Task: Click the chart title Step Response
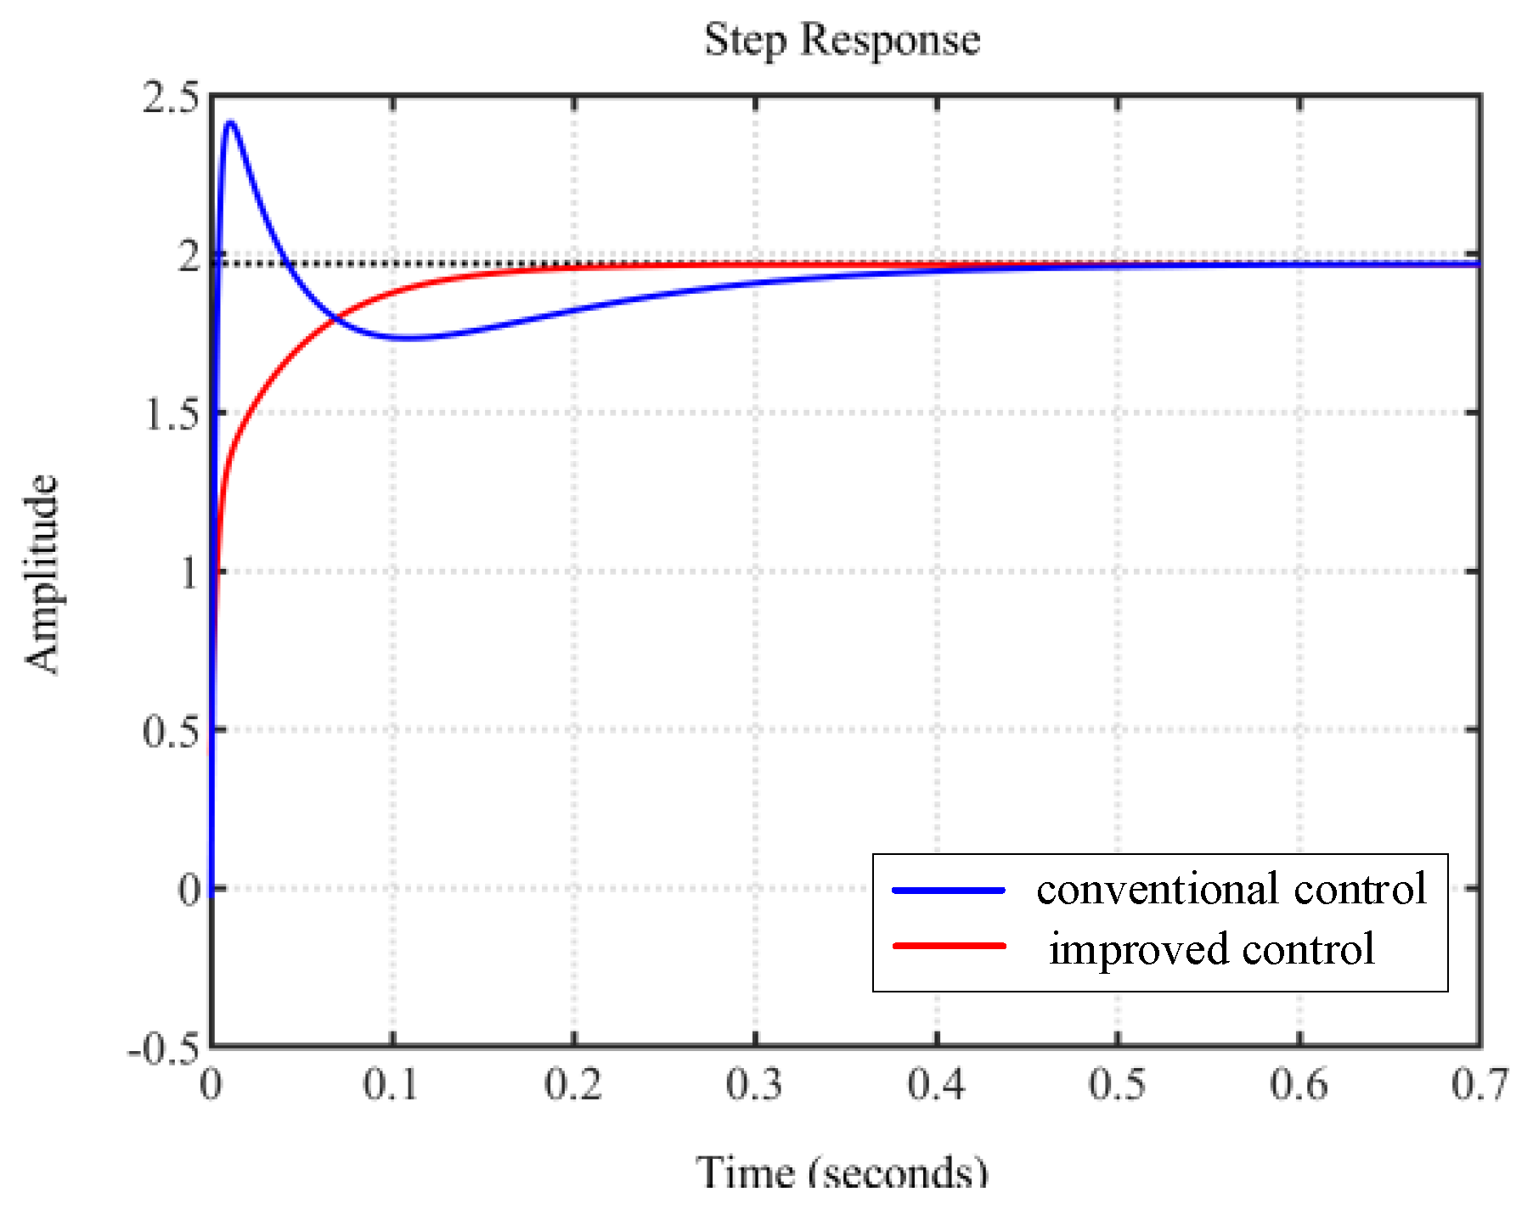[x=842, y=40]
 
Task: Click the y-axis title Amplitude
[x=41, y=574]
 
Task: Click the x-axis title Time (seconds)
[x=842, y=1172]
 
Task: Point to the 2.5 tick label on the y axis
[x=171, y=98]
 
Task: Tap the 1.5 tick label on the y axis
[x=171, y=414]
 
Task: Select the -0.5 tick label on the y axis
[x=163, y=1049]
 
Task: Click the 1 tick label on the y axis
[x=189, y=573]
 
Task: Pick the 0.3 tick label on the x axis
[x=754, y=1084]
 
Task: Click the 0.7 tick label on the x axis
[x=1479, y=1084]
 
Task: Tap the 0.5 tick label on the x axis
[x=1117, y=1084]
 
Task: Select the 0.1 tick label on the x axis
[x=392, y=1084]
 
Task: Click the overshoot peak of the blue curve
[x=230, y=123]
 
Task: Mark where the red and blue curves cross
[x=335, y=319]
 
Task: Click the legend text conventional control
[x=1231, y=890]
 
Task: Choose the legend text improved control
[x=1211, y=949]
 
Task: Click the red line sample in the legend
[x=949, y=946]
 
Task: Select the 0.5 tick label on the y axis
[x=171, y=731]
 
